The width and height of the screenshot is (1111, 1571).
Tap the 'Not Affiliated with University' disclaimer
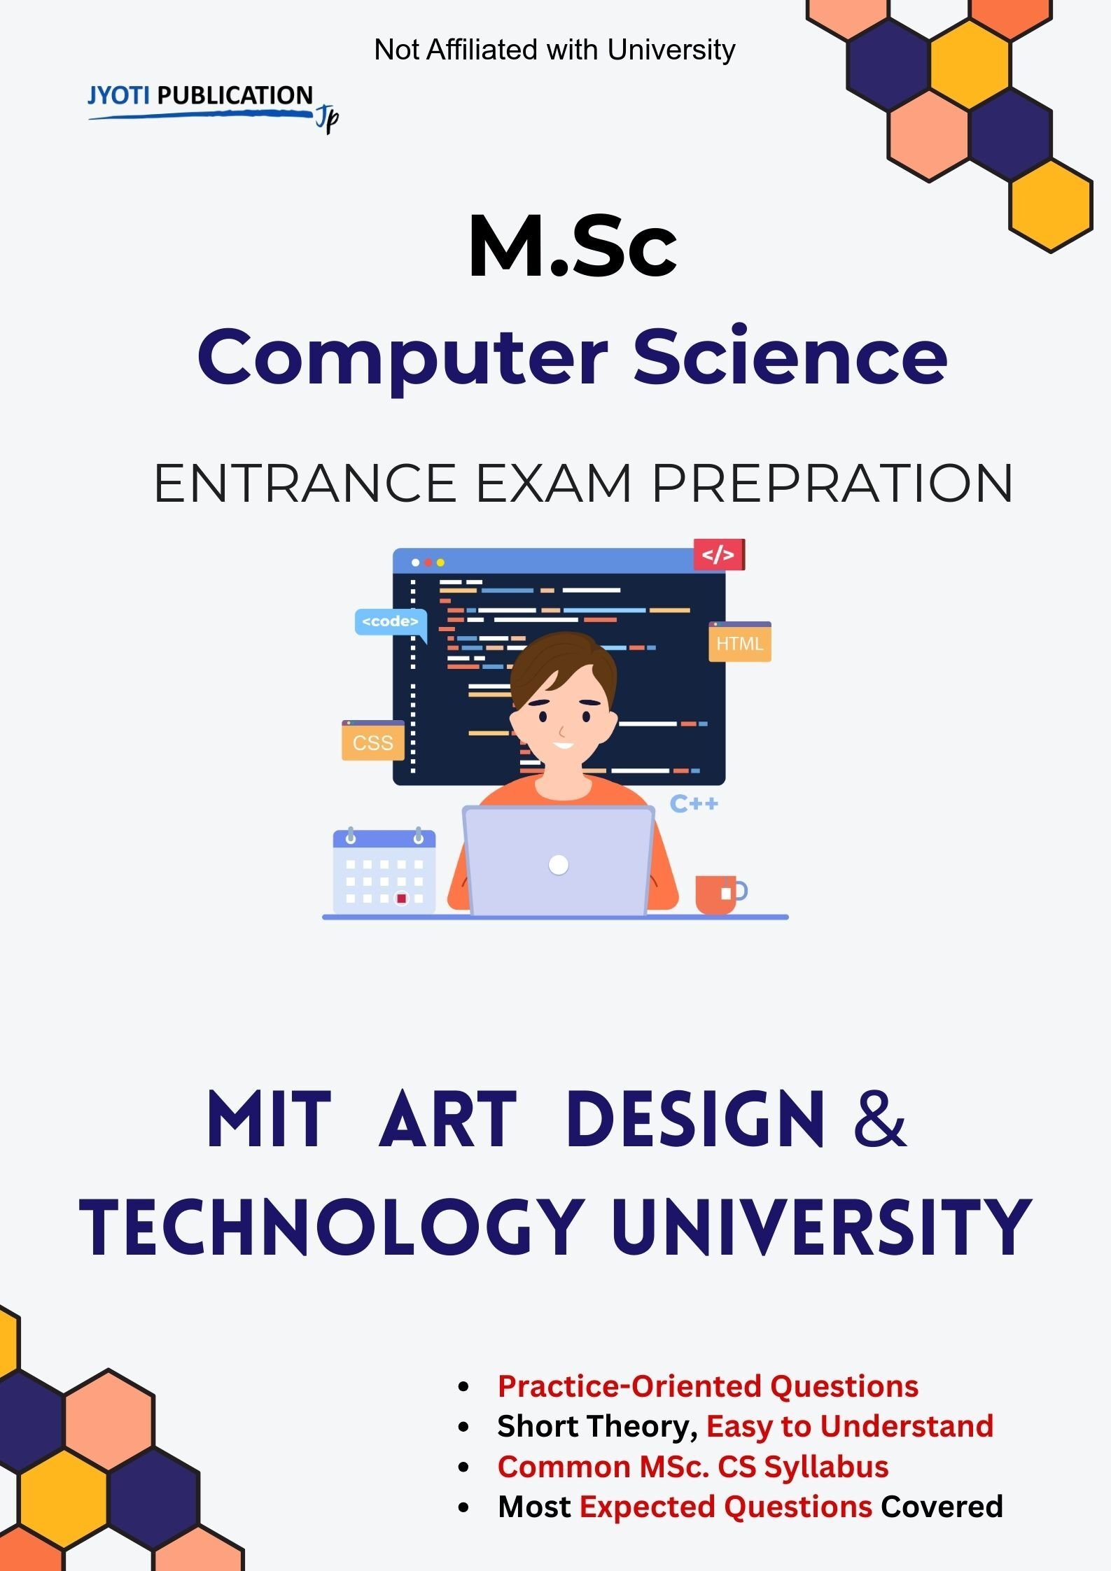pos(554,50)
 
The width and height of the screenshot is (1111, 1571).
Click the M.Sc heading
pos(573,246)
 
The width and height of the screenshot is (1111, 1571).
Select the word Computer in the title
pos(403,358)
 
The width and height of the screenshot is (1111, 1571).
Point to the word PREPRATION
pos(832,483)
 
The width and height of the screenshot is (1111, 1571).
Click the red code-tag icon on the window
pos(719,555)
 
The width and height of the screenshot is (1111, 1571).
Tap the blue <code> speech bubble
pos(391,623)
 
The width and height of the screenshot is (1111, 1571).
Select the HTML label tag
pos(740,642)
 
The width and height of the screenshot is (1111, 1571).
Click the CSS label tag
pos(373,740)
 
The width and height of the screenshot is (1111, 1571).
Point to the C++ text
pos(694,803)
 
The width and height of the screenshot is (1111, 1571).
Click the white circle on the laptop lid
pos(559,865)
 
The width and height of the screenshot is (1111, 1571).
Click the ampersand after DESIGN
pos(880,1118)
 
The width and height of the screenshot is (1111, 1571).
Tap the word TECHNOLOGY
pos(332,1227)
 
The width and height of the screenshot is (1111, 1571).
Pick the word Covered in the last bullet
pos(942,1506)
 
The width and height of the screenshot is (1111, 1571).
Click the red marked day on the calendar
pos(402,898)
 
